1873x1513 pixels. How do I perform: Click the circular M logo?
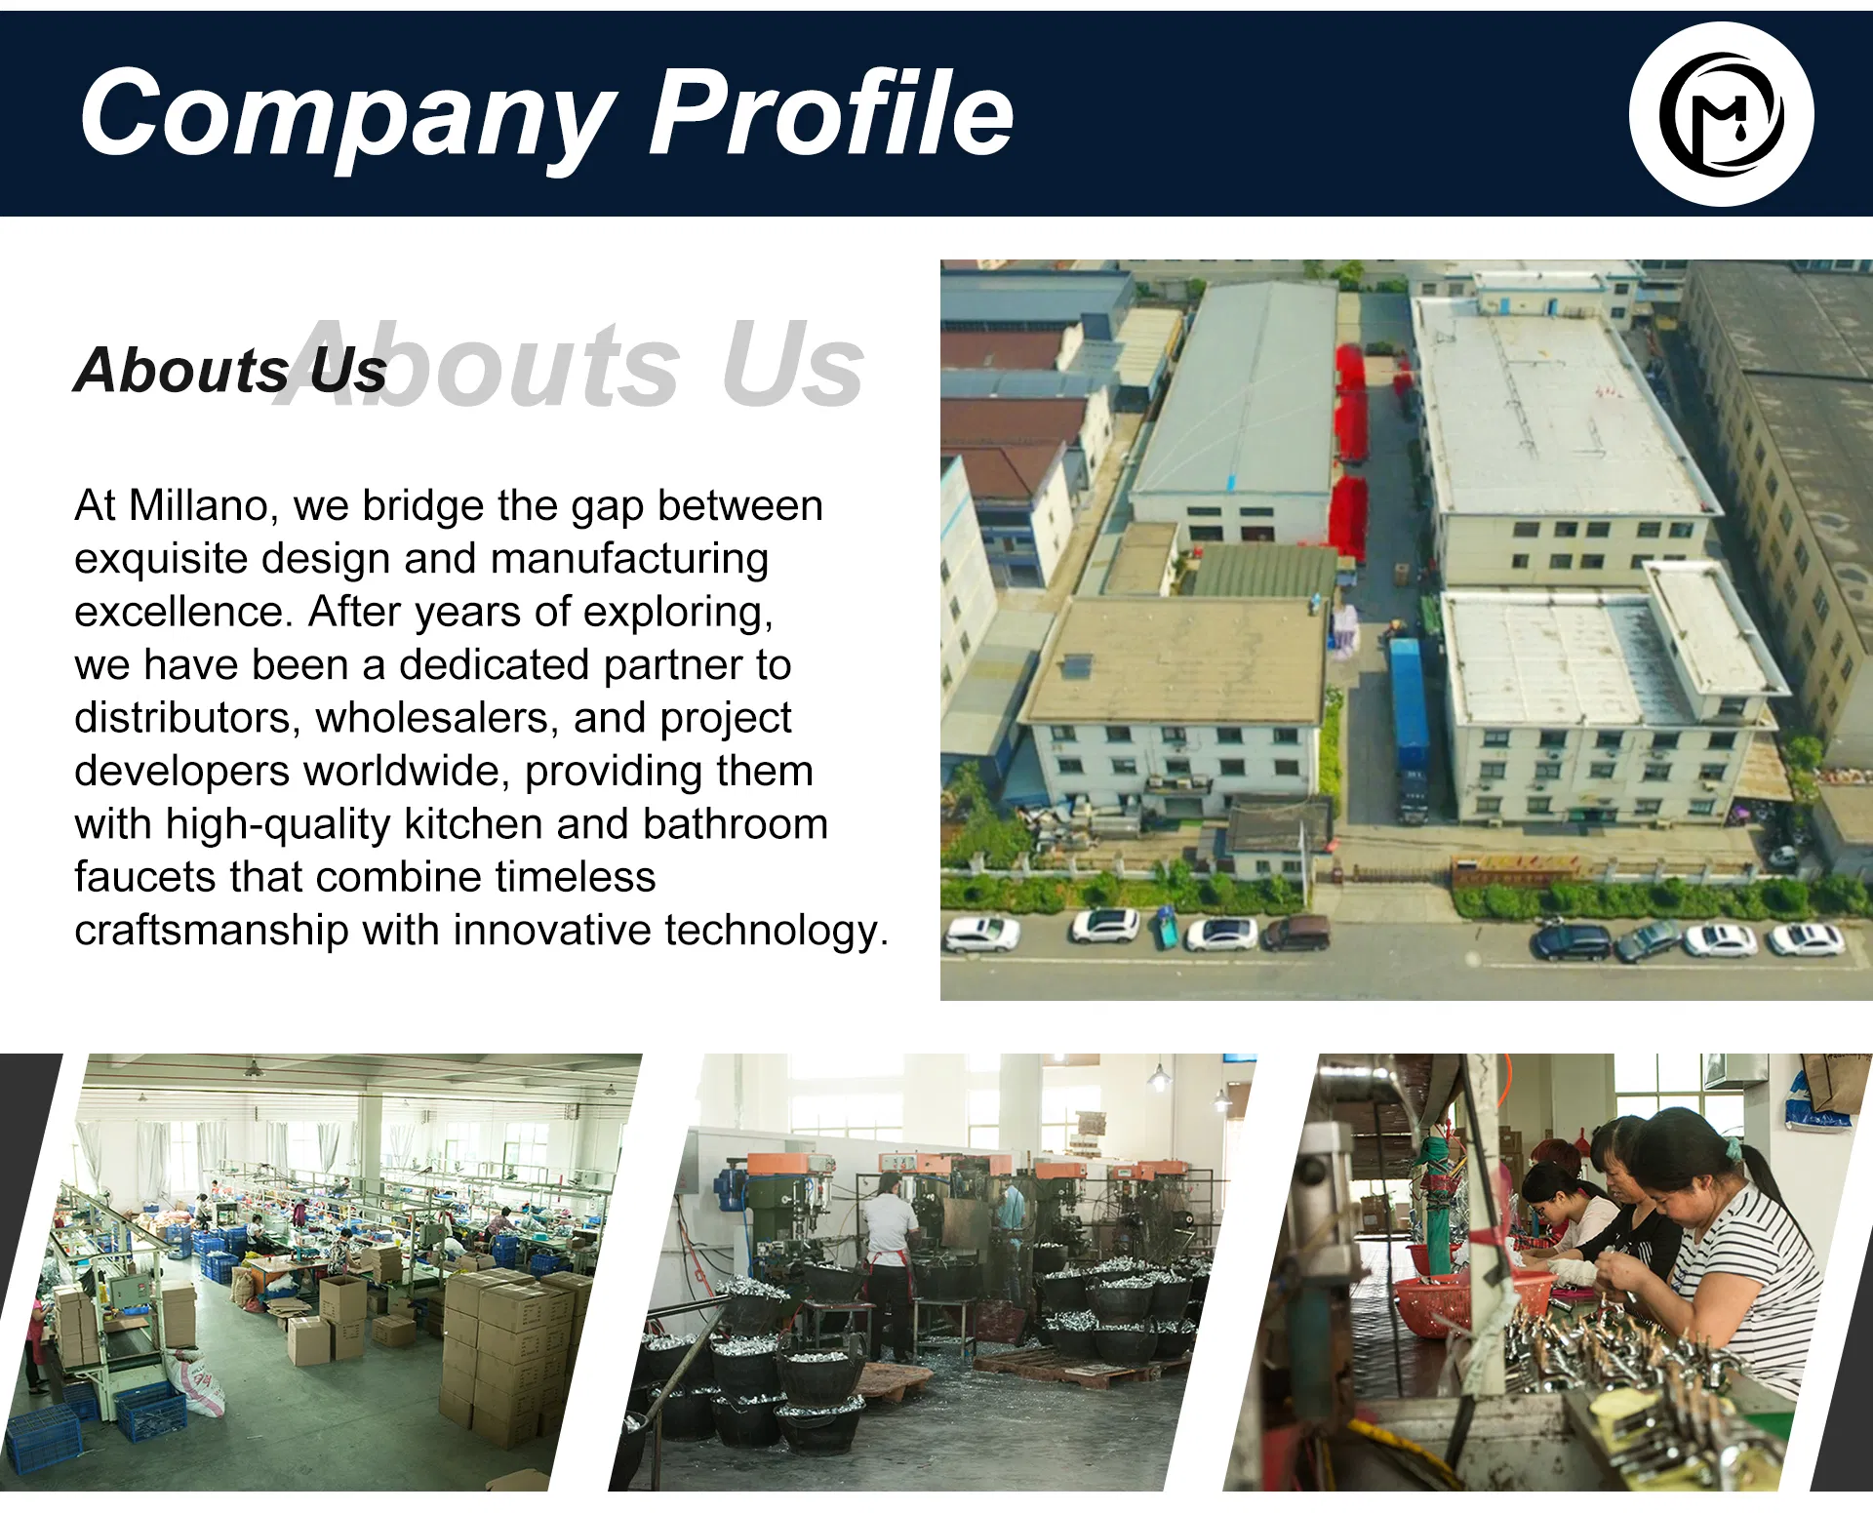pyautogui.click(x=1721, y=114)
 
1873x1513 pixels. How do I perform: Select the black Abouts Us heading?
pyautogui.click(x=230, y=371)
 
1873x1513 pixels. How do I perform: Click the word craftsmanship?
pyautogui.click(x=211, y=930)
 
